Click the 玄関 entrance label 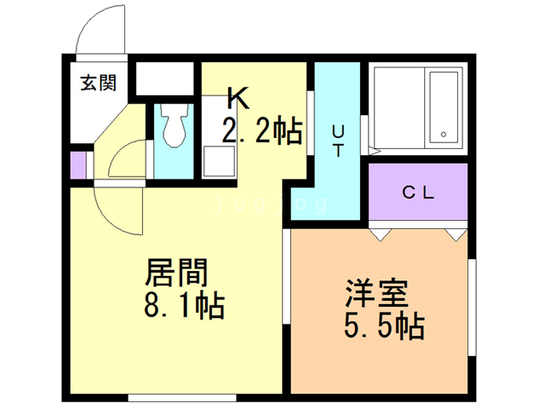(x=99, y=84)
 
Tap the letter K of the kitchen (x=238, y=98)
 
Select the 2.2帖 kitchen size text (x=262, y=130)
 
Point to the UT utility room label (x=338, y=141)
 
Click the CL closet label (x=418, y=193)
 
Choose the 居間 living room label (x=176, y=273)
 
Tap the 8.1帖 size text (x=184, y=306)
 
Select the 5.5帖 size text (x=384, y=326)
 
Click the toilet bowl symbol (x=174, y=126)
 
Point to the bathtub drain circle (x=444, y=135)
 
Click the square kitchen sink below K (x=219, y=161)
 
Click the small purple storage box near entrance (x=78, y=165)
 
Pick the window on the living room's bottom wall (x=182, y=398)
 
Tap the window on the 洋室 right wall (x=472, y=308)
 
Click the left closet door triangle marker (x=381, y=235)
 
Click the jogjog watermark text (x=271, y=204)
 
